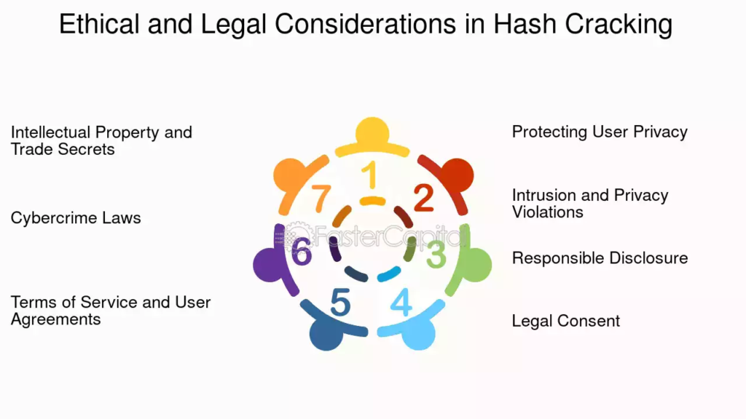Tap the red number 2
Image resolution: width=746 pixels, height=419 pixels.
tap(423, 198)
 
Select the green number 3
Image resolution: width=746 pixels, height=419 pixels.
tap(436, 254)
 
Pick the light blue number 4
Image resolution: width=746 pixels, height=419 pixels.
tap(401, 302)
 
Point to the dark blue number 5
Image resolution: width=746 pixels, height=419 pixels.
tap(340, 302)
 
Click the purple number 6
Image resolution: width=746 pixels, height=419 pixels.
tap(302, 251)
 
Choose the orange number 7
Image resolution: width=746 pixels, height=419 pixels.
tap(321, 198)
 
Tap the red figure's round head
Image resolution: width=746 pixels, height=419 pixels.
tap(458, 175)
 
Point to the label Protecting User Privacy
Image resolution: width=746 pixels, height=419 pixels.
tap(600, 132)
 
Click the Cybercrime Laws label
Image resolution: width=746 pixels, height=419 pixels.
tap(76, 218)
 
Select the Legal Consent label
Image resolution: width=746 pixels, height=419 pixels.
tap(565, 321)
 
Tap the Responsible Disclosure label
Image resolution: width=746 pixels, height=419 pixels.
tap(600, 258)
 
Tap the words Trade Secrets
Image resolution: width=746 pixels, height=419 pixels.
tap(63, 149)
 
